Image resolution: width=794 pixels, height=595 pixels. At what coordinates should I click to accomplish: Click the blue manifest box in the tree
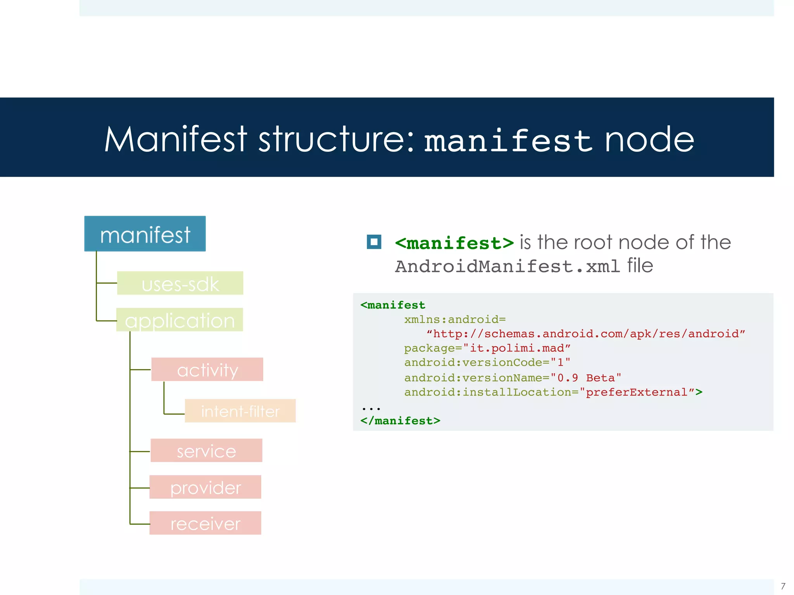pos(145,234)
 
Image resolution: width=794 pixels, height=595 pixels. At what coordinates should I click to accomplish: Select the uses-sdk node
pos(180,283)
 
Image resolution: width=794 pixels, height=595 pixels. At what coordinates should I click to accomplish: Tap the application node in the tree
pos(180,320)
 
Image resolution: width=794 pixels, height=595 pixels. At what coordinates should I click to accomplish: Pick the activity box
pos(207,370)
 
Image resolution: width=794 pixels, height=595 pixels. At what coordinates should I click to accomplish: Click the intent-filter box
pos(240,411)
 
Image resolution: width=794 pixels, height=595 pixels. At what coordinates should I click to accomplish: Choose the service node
pos(207,451)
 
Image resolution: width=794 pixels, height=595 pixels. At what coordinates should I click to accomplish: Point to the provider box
pos(205,487)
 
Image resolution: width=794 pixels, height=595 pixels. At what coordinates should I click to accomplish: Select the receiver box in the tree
pos(205,523)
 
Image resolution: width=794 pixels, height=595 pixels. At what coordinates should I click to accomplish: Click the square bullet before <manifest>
pos(374,242)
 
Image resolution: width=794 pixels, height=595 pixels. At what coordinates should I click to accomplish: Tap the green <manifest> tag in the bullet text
pos(454,243)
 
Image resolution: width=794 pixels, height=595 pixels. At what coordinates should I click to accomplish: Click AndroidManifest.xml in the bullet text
pos(507,267)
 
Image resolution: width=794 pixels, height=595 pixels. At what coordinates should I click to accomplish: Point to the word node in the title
pos(649,139)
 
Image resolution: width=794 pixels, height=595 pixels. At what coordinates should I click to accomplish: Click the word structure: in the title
pos(337,139)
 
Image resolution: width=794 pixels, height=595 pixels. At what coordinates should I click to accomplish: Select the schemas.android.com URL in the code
pos(585,334)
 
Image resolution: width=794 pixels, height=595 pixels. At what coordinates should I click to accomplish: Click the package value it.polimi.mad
pos(517,348)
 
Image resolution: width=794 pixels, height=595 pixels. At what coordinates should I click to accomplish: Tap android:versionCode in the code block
pos(473,363)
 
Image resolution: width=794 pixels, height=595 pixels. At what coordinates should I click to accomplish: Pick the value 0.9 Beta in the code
pos(586,378)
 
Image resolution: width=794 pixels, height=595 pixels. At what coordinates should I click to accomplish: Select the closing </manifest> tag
pos(400,421)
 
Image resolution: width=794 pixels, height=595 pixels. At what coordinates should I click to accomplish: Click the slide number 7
pos(783,586)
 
